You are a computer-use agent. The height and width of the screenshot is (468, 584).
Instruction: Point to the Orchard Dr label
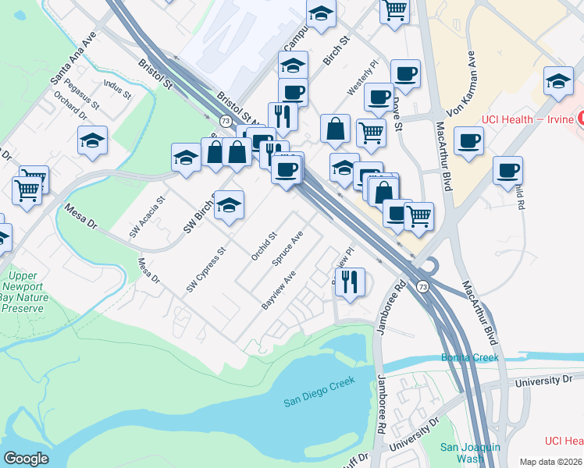pos(69,107)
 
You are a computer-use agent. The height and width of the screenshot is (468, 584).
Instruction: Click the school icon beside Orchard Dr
pos(92,141)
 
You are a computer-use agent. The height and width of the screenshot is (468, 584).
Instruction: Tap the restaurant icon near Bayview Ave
pos(350,282)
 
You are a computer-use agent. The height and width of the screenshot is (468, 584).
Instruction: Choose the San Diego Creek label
pos(319,391)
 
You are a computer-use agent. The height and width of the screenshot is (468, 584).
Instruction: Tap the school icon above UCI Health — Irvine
pos(558,80)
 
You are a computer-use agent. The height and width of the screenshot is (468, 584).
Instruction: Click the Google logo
pos(26,458)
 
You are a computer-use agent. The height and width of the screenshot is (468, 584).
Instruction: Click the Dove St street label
pos(397,112)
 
